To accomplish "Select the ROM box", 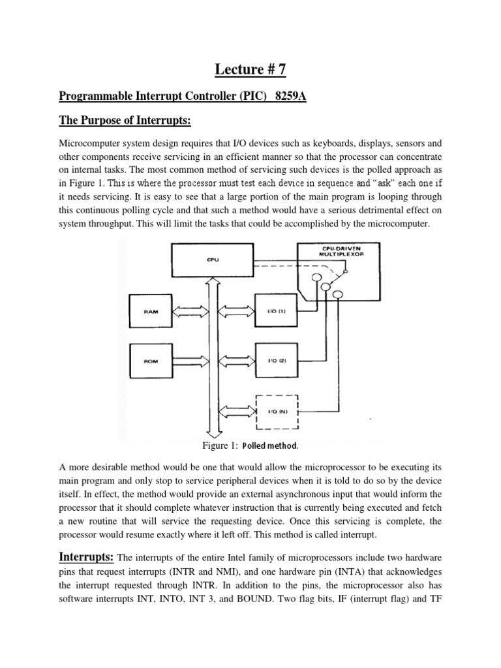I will tap(152, 359).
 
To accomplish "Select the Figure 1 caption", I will tap(250, 446).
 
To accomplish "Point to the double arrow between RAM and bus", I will tap(190, 312).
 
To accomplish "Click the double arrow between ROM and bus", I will tap(190, 359).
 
